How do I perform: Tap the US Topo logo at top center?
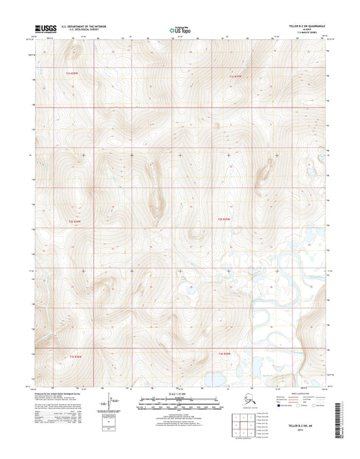tap(178, 30)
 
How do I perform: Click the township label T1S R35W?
tap(234, 78)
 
